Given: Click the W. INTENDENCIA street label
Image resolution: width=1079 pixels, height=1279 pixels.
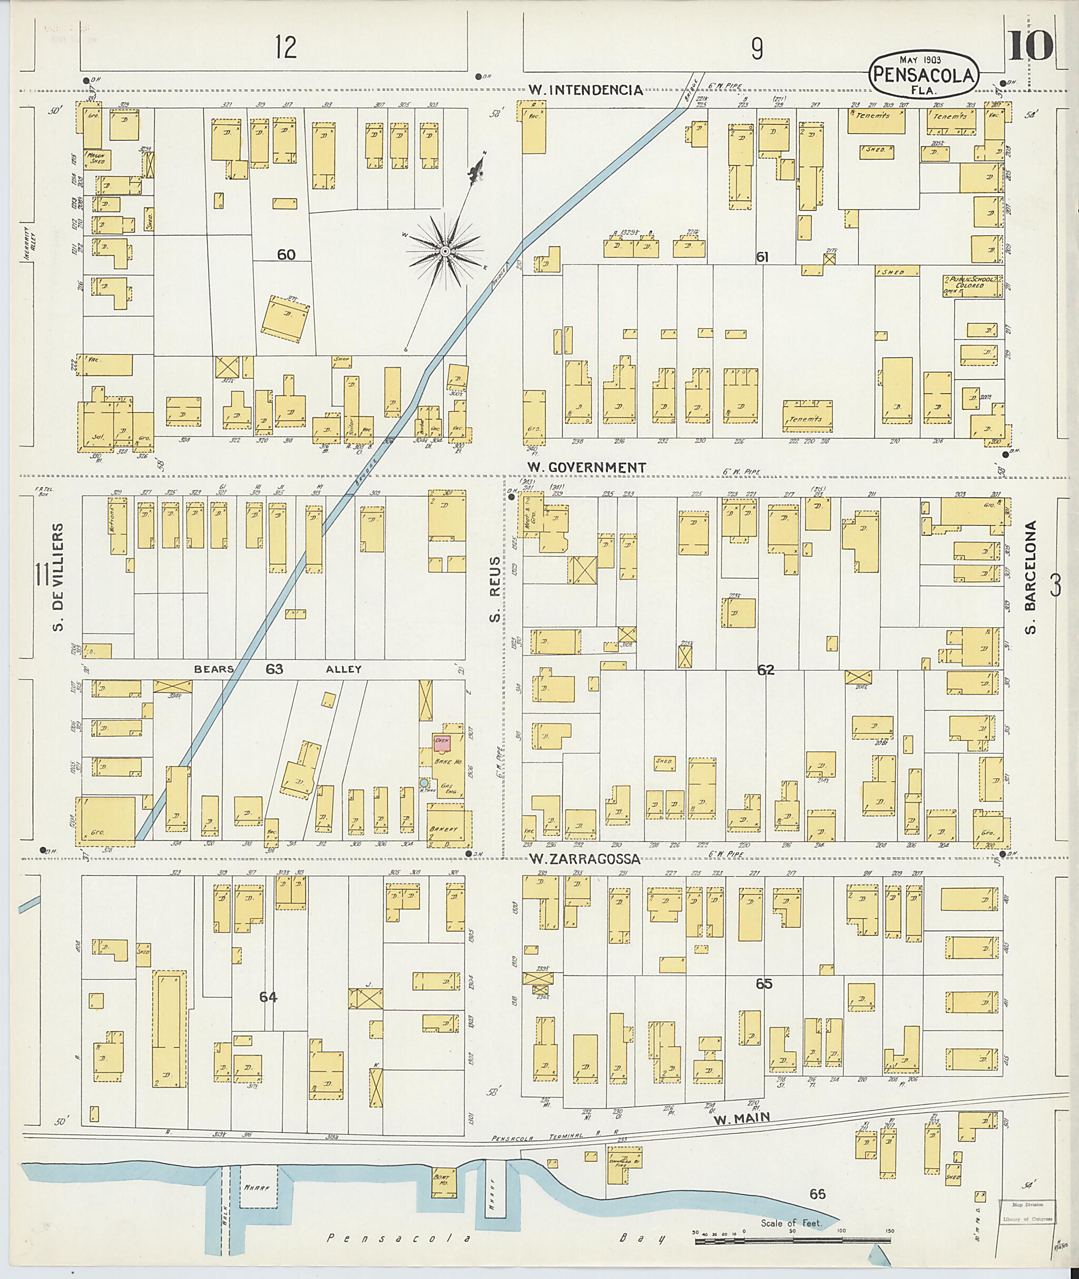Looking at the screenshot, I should (585, 91).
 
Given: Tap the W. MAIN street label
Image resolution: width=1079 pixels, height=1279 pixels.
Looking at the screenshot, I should (741, 1117).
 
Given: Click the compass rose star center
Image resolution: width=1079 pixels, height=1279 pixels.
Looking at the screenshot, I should (446, 251).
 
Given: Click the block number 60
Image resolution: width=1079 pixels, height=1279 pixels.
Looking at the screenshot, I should (286, 254).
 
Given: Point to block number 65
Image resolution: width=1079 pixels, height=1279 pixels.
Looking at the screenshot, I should (764, 984).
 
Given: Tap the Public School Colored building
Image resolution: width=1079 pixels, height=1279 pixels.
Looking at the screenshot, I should (972, 285).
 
